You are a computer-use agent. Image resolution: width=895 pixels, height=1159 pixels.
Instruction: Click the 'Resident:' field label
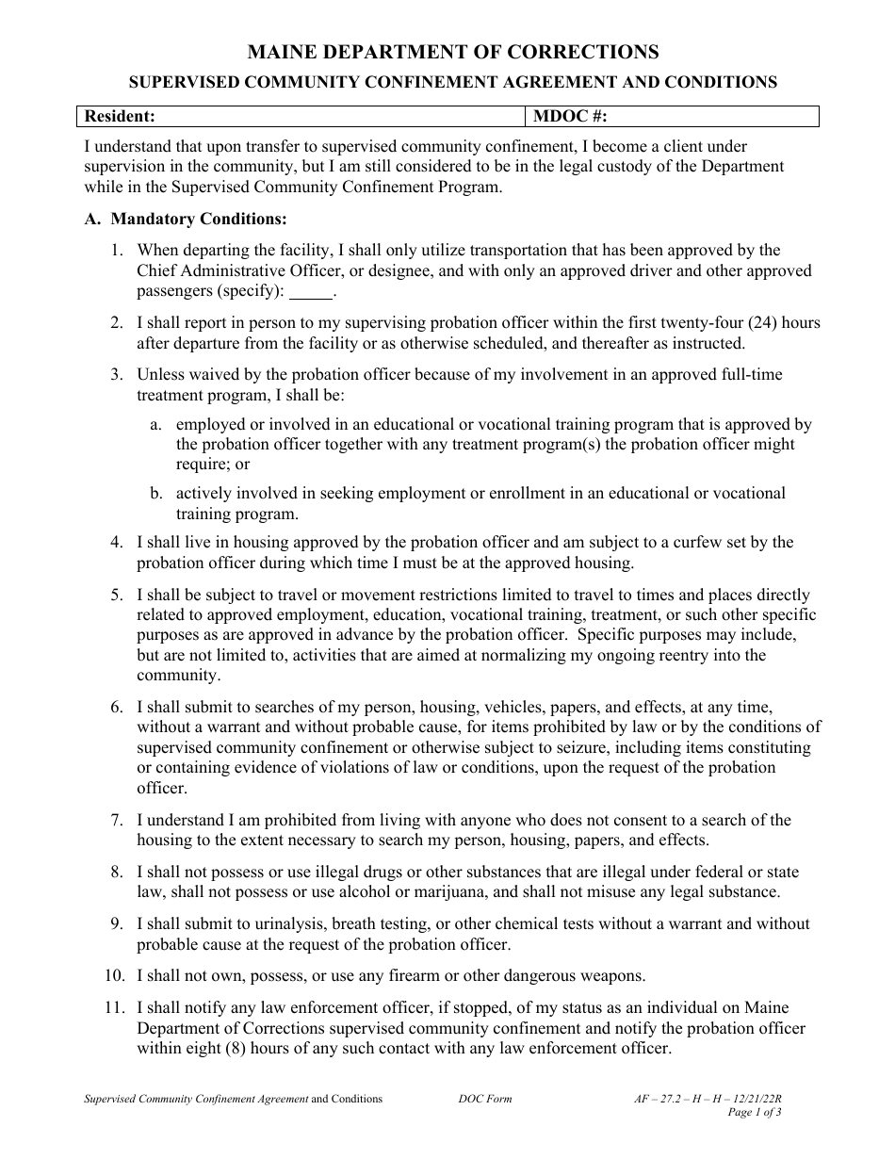(120, 116)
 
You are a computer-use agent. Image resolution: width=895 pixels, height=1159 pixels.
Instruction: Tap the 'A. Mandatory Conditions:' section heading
(186, 220)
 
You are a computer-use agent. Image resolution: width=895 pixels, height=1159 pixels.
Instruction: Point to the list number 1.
(116, 251)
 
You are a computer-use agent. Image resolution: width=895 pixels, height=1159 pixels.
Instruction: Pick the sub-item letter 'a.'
(156, 425)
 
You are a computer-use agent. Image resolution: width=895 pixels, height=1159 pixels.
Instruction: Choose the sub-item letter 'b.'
(156, 494)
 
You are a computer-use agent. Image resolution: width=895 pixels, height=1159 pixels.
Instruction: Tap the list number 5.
(116, 596)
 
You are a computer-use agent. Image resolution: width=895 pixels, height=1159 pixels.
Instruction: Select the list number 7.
(116, 821)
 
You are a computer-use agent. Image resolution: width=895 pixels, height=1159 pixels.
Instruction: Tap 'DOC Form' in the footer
(485, 1099)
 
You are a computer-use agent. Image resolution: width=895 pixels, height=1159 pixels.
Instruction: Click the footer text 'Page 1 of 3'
(756, 1112)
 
